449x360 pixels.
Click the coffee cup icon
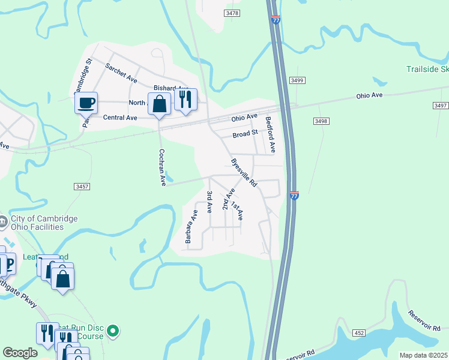pos(86,102)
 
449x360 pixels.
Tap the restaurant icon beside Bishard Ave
pos(185,99)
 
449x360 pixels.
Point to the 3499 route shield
pos(297,80)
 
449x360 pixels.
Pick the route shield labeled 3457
pos(82,187)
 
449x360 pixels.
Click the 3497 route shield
pos(440,105)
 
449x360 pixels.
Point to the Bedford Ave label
pos(271,134)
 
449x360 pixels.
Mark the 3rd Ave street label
pos(209,202)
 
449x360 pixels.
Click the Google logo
pos(20,353)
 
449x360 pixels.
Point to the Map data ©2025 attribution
pos(423,355)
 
